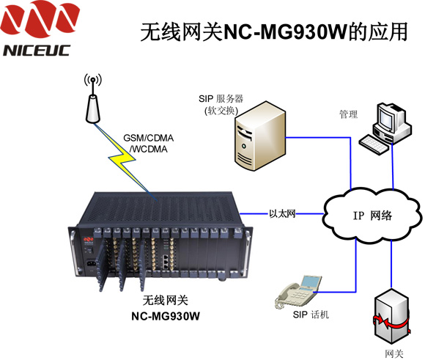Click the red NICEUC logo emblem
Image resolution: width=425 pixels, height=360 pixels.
(x=40, y=18)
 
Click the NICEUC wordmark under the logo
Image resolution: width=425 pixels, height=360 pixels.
(x=37, y=51)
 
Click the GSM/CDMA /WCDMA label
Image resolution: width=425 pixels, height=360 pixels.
(x=148, y=144)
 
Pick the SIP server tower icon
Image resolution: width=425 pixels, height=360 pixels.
(x=260, y=136)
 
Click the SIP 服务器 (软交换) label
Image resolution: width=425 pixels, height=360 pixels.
(x=221, y=104)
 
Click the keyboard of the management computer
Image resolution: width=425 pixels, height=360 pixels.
(x=374, y=144)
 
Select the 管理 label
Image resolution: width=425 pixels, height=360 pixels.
(x=349, y=114)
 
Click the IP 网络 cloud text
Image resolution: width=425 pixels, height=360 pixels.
(x=372, y=216)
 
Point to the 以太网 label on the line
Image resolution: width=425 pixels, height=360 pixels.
(x=282, y=214)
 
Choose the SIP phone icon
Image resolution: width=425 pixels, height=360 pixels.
(x=298, y=291)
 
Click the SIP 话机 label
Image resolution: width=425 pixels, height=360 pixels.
(x=311, y=315)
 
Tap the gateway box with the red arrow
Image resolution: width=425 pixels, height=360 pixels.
(x=392, y=317)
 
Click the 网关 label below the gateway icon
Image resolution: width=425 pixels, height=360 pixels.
(x=394, y=353)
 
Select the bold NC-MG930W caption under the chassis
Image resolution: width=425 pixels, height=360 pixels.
(x=166, y=316)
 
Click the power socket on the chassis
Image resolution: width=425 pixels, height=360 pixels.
(x=91, y=264)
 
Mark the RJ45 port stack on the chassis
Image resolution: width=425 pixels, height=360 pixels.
(x=166, y=262)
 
